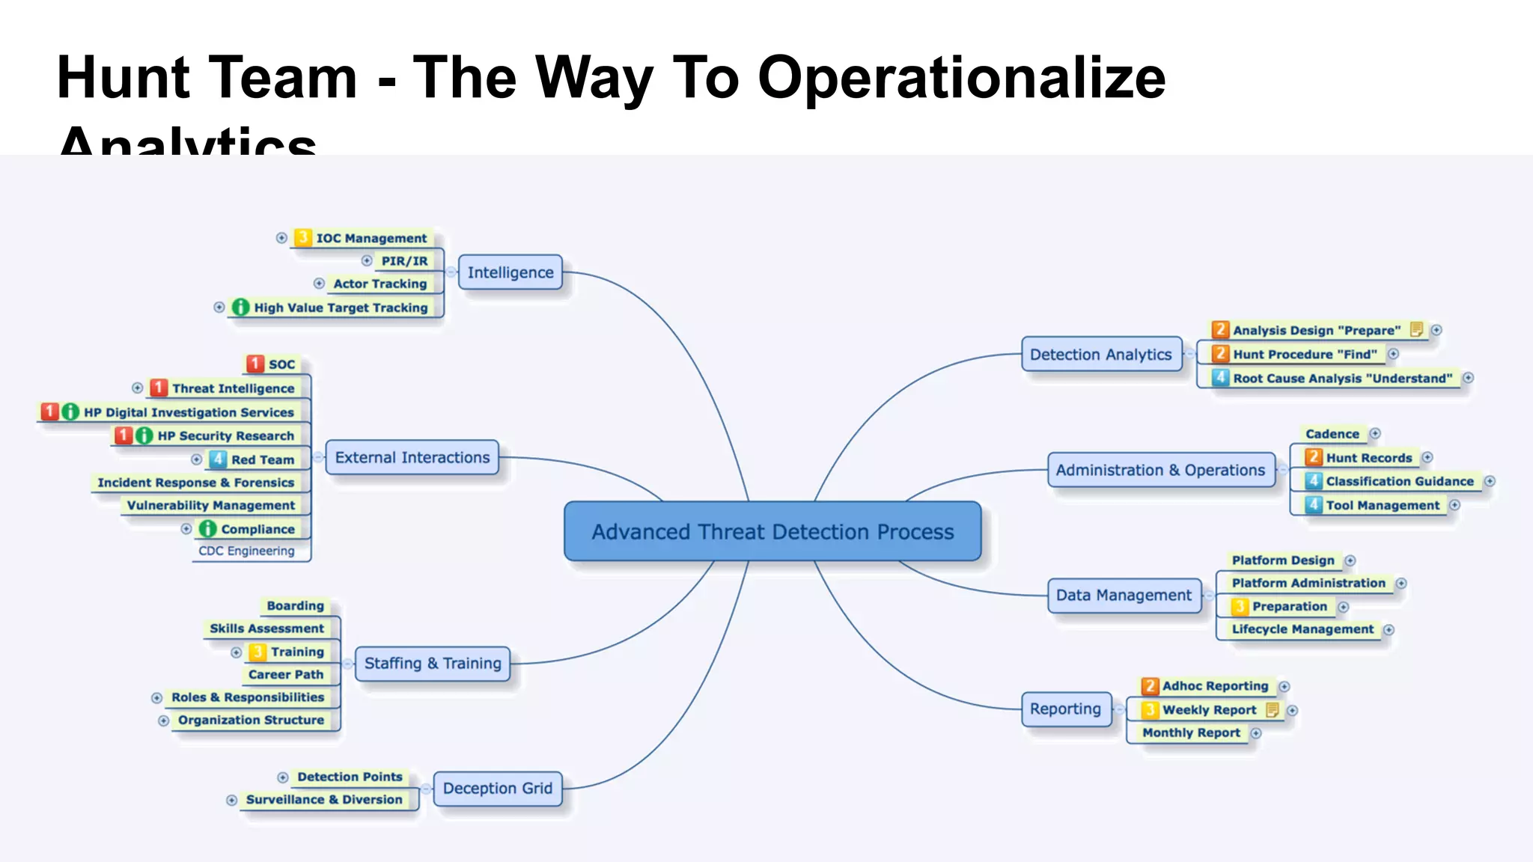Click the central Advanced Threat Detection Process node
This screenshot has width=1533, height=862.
(x=772, y=531)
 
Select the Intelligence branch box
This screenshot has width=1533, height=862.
(x=511, y=272)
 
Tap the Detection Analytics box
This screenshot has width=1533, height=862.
(x=1100, y=354)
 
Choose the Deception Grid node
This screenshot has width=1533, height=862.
(x=498, y=788)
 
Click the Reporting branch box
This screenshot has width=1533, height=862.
(x=1065, y=709)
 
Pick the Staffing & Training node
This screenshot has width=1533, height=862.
(x=433, y=663)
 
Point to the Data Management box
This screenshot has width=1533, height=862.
(x=1124, y=595)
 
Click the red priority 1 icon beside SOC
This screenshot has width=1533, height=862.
(x=255, y=364)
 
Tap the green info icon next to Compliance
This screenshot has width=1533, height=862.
(x=207, y=529)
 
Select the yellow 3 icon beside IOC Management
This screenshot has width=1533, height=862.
(x=302, y=238)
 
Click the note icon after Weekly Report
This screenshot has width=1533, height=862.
(x=1272, y=709)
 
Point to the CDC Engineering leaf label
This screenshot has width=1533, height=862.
(x=246, y=551)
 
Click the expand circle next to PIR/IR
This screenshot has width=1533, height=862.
(x=367, y=260)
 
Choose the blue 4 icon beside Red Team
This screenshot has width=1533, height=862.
(x=218, y=459)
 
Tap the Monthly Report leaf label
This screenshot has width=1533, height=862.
(x=1191, y=733)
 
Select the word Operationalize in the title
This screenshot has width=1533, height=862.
(x=961, y=78)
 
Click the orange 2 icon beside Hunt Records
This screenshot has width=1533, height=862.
(x=1313, y=457)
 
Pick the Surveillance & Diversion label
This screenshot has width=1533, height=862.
(x=324, y=799)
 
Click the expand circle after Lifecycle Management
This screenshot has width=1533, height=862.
(x=1389, y=630)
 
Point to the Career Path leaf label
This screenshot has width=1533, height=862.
(x=286, y=674)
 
